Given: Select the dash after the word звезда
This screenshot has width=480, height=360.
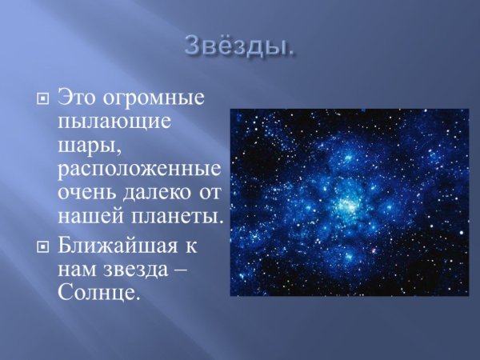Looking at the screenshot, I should click(x=183, y=270).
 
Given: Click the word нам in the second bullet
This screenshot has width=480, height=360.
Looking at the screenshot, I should click(x=77, y=270).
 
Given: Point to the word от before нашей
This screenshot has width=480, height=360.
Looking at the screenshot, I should click(x=210, y=193).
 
